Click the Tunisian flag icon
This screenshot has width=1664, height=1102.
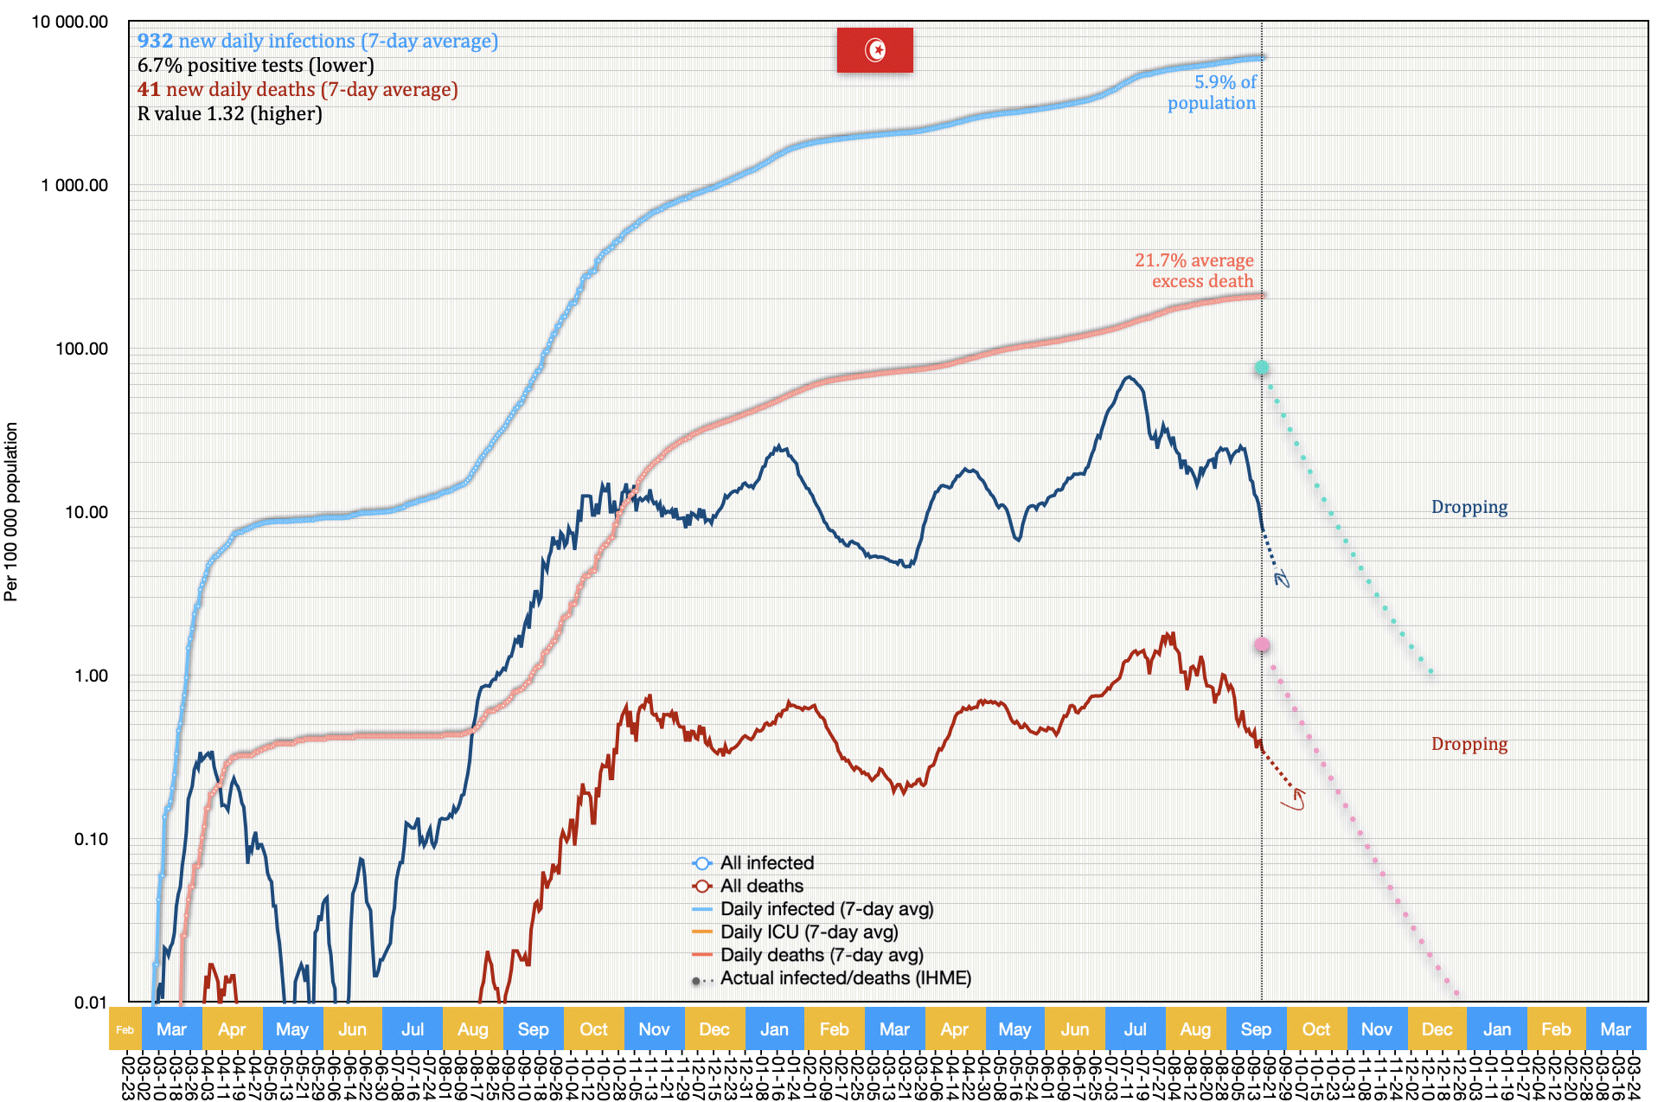click(874, 50)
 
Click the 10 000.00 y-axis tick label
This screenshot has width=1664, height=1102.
click(70, 22)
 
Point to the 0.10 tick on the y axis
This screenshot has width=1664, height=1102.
click(91, 839)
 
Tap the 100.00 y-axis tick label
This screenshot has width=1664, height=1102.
click(81, 349)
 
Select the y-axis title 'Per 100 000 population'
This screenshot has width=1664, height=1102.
click(11, 511)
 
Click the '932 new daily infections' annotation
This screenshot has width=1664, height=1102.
click(317, 41)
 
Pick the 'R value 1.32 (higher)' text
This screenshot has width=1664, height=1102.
click(229, 113)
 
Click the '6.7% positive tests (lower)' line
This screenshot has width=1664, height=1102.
click(255, 65)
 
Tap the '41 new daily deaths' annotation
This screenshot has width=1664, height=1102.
click(298, 89)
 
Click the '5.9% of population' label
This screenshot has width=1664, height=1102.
click(1213, 93)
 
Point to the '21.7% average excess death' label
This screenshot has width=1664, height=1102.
click(1195, 271)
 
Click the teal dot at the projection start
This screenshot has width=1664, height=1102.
click(1262, 368)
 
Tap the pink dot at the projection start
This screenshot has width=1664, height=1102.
click(1262, 644)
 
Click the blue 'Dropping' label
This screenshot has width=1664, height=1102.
click(1469, 507)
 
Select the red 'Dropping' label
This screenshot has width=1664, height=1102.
click(1469, 744)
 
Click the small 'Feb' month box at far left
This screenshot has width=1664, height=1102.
click(125, 1029)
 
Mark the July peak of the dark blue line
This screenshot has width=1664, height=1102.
click(1129, 377)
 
